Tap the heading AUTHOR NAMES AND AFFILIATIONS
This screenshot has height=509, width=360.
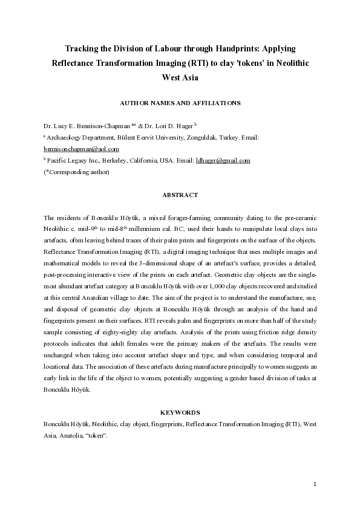180,103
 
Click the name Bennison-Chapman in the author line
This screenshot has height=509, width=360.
104,127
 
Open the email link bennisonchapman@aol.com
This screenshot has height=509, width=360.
81,149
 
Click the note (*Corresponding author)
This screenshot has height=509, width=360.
76,172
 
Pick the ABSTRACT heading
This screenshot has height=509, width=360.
180,195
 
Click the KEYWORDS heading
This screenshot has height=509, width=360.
180,412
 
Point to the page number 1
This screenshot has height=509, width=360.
315,484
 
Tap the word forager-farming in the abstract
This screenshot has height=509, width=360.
189,216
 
